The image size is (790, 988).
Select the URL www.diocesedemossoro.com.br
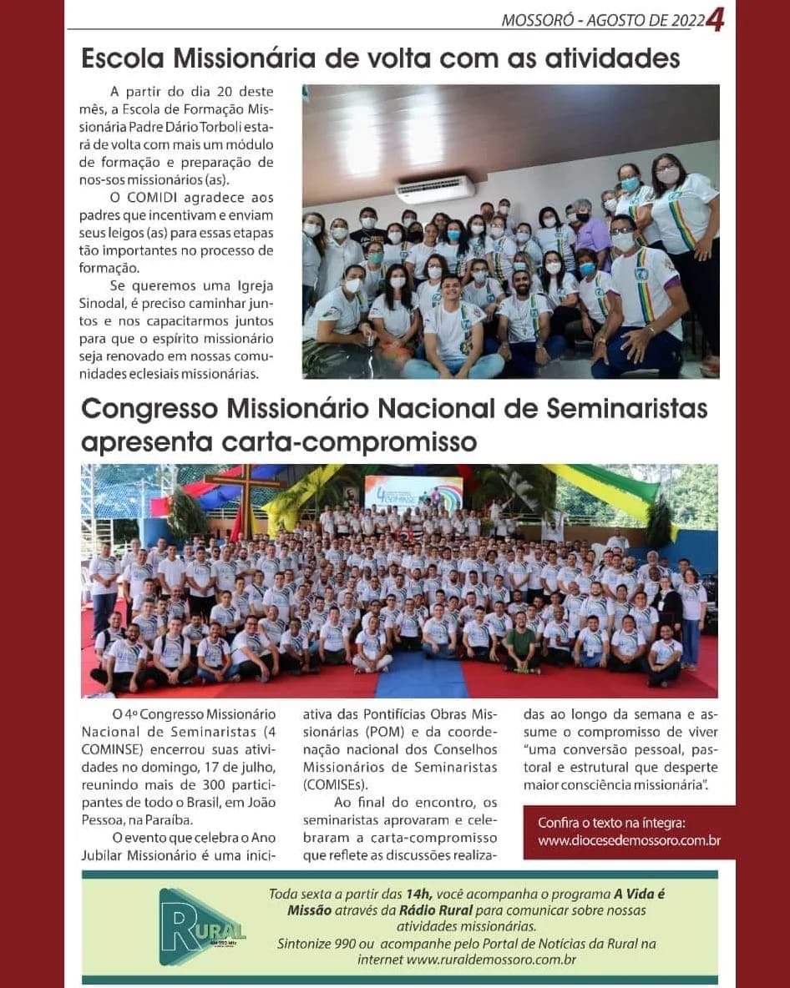tap(629, 840)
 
